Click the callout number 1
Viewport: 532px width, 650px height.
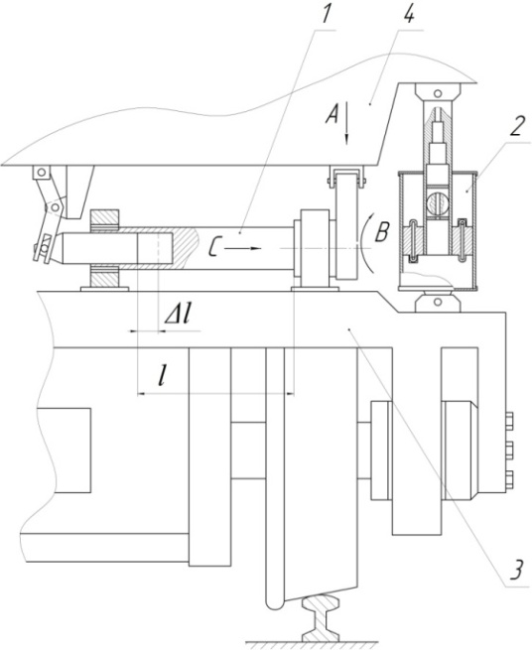click(326, 13)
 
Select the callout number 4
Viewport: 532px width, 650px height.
click(408, 13)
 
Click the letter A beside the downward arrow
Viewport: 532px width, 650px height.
click(332, 114)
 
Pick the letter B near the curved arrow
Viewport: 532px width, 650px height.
click(381, 232)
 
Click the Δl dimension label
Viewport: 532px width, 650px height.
click(179, 316)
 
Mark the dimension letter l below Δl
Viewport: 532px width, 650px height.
click(163, 376)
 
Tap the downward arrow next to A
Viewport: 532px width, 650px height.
click(347, 124)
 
